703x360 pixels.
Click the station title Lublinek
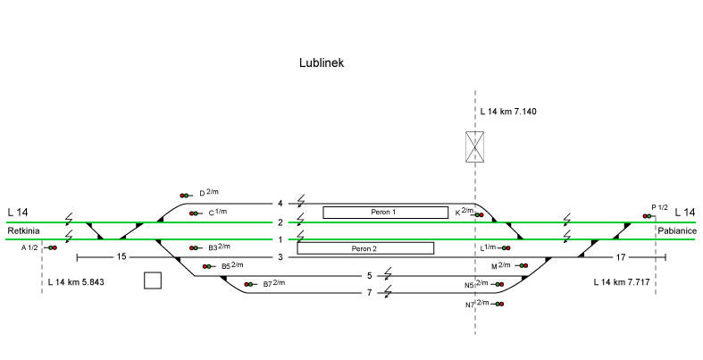pyautogui.click(x=323, y=63)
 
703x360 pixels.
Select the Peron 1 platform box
pyautogui.click(x=384, y=212)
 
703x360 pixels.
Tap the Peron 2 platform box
pyautogui.click(x=364, y=248)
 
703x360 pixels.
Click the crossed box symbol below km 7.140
pyautogui.click(x=474, y=147)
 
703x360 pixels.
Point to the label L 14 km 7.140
pyautogui.click(x=507, y=112)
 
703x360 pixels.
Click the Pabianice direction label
pyautogui.click(x=675, y=230)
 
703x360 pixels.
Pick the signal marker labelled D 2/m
pyautogui.click(x=185, y=195)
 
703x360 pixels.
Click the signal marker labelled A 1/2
pyautogui.click(x=53, y=247)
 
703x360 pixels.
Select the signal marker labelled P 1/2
pyautogui.click(x=647, y=215)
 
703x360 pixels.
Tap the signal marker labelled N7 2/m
pyautogui.click(x=498, y=306)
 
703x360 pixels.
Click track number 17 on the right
pyautogui.click(x=621, y=257)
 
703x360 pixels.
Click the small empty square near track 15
pyautogui.click(x=153, y=280)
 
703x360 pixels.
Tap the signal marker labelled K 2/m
pyautogui.click(x=480, y=214)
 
